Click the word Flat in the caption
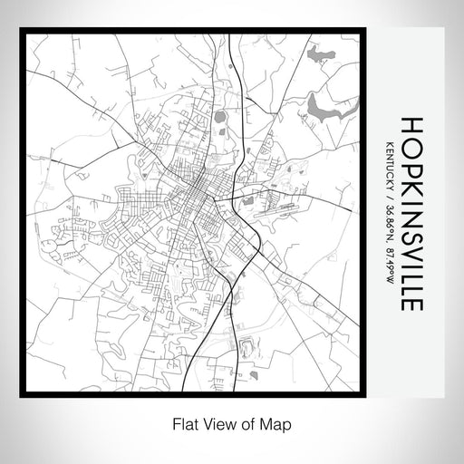coord(180,423)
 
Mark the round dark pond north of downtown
coord(220,116)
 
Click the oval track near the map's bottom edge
coord(245,346)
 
